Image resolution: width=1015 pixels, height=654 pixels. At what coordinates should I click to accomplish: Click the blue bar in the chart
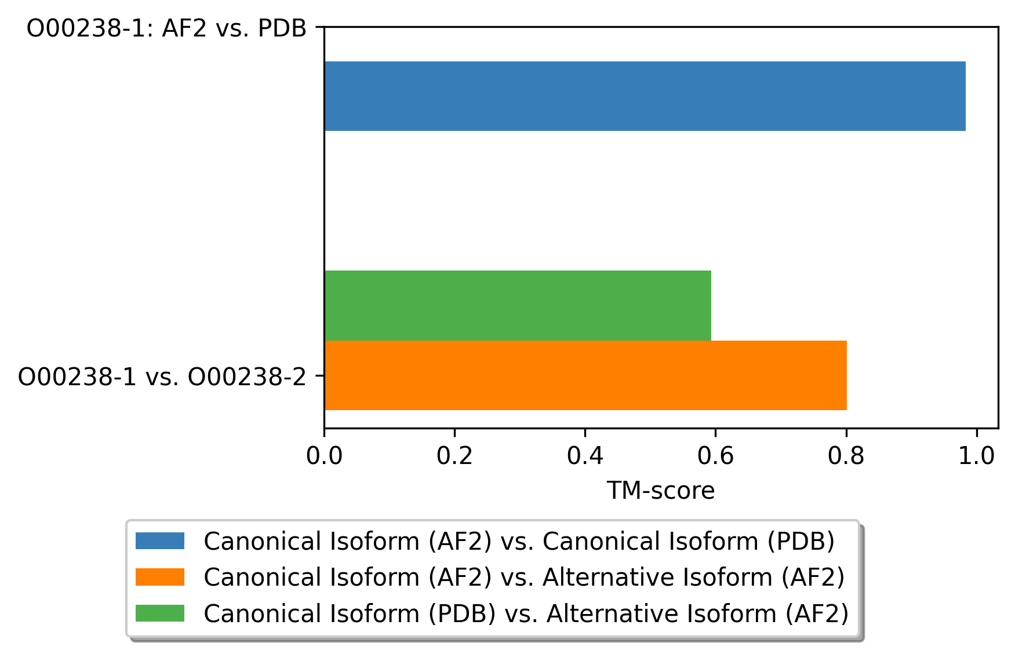[645, 96]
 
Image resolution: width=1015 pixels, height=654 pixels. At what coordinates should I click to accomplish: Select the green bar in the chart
[518, 305]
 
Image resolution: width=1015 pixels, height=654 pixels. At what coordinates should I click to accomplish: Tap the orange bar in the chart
[585, 375]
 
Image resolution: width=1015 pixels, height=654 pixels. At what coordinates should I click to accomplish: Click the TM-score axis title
[661, 491]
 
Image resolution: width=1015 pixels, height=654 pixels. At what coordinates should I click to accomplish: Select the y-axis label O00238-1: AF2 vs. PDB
[167, 28]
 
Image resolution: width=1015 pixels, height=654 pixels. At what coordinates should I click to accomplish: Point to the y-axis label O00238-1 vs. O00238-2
[162, 377]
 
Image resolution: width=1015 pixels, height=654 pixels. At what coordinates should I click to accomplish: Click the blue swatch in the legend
[160, 541]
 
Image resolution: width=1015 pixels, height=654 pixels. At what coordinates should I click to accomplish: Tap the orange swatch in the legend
[160, 577]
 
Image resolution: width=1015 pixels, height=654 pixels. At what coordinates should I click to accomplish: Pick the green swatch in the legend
[160, 613]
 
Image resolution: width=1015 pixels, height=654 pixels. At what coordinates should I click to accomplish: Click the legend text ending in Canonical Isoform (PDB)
[519, 542]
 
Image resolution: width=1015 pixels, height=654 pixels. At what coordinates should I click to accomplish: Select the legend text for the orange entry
[525, 578]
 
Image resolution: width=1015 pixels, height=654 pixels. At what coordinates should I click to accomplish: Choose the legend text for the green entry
[526, 613]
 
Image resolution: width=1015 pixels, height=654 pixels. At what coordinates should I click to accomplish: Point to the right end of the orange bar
[847, 375]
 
